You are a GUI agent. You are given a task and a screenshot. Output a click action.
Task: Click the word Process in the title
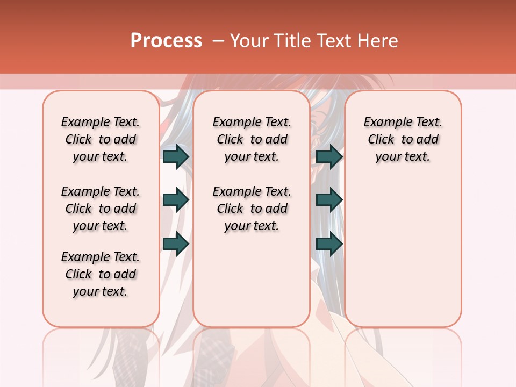(166, 41)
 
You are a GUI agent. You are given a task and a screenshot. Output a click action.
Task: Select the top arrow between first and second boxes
(176, 156)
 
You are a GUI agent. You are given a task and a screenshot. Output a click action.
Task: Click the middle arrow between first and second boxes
(176, 200)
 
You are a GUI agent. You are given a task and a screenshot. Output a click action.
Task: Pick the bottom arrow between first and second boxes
(176, 244)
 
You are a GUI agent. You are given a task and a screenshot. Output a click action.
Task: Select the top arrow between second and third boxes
(329, 156)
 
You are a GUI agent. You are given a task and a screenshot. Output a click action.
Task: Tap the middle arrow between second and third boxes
(329, 200)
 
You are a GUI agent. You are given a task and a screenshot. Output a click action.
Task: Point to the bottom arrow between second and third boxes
(329, 244)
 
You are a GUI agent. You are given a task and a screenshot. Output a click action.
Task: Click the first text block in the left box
(101, 139)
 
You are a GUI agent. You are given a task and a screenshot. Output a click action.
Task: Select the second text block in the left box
(101, 209)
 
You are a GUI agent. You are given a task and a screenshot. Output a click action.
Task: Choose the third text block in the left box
(101, 274)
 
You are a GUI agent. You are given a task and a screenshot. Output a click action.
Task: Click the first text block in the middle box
(252, 139)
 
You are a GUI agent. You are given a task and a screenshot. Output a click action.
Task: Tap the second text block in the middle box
(252, 209)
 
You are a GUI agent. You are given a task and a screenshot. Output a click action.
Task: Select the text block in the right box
(403, 139)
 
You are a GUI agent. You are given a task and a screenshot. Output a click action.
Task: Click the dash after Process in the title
(218, 41)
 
